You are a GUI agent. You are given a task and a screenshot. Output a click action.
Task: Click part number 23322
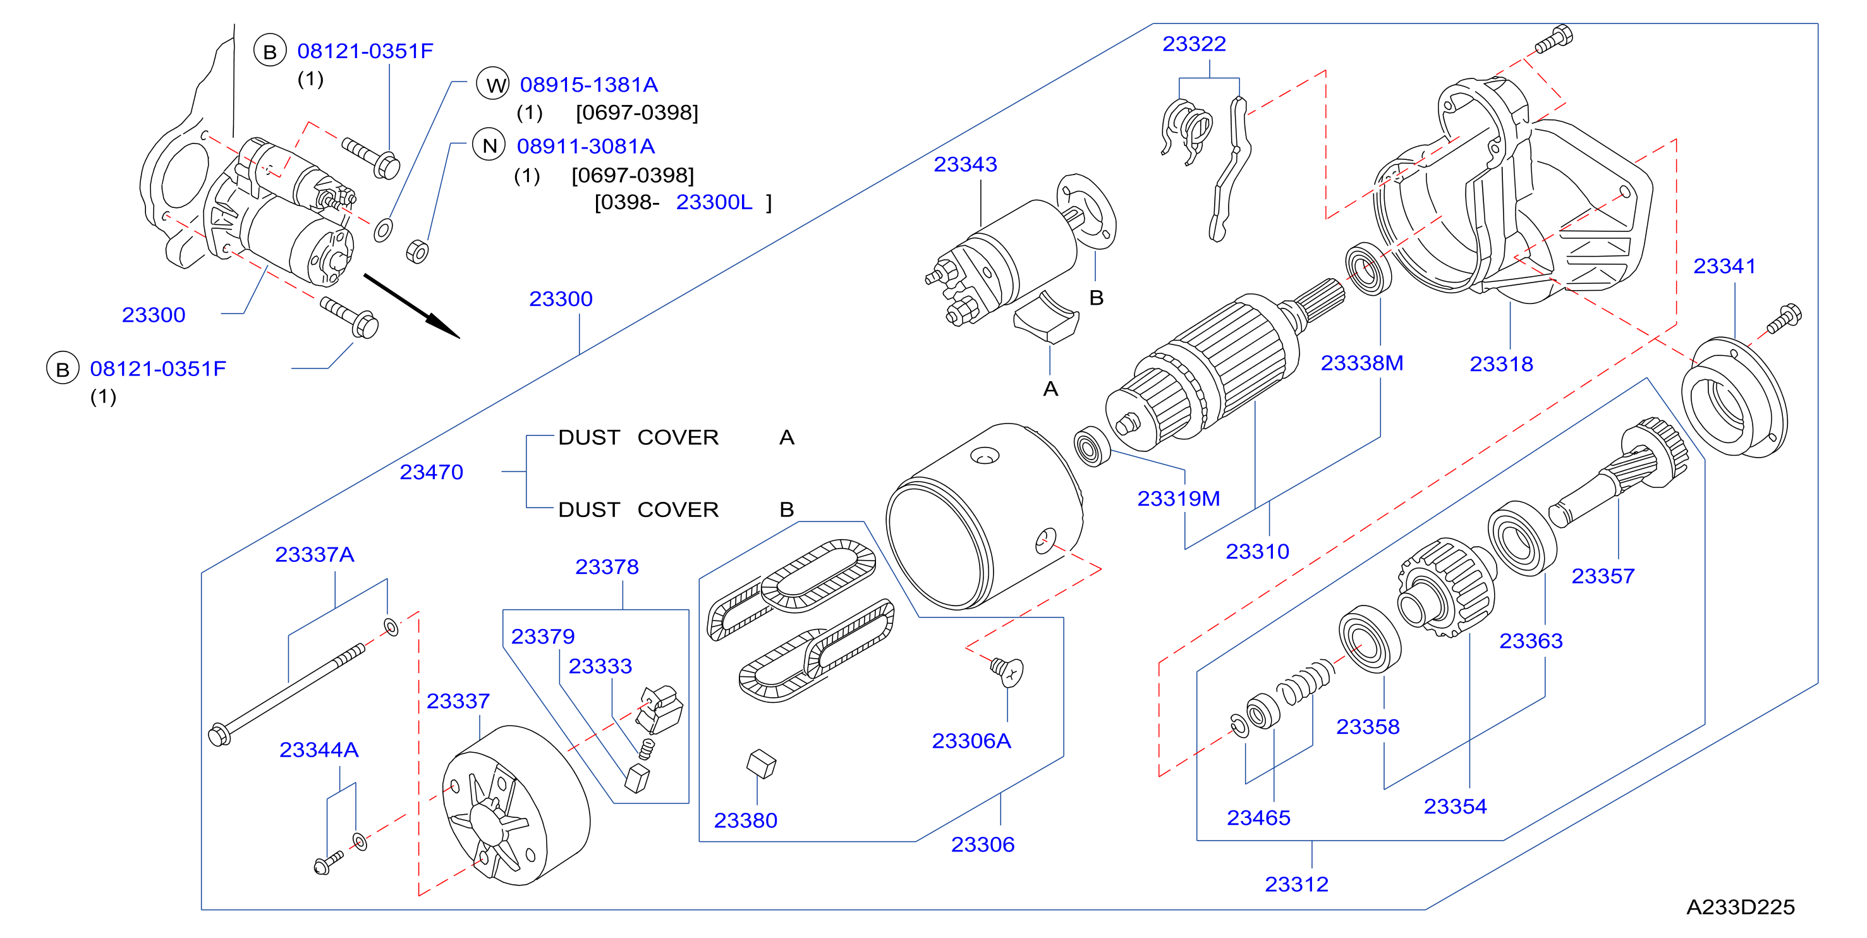tap(1194, 44)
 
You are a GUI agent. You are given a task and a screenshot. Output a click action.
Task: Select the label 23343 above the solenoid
tap(964, 164)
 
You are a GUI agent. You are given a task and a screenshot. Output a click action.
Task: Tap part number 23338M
tap(1362, 363)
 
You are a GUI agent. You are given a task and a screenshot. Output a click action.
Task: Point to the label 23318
tap(1501, 364)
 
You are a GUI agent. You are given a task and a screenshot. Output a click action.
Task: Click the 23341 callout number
tap(1724, 266)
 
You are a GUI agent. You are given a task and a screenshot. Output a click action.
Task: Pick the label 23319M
tap(1179, 499)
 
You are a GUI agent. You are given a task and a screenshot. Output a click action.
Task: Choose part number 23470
tap(431, 472)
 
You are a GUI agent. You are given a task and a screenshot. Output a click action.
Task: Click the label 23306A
tap(971, 741)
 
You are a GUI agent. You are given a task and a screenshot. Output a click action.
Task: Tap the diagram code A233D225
tap(1740, 907)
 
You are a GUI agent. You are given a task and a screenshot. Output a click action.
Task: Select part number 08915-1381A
tap(588, 85)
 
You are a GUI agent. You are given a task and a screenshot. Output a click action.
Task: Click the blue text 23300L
tap(714, 202)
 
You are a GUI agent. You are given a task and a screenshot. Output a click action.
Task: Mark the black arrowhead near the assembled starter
tap(443, 327)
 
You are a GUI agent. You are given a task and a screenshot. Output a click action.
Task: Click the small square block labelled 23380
tap(761, 764)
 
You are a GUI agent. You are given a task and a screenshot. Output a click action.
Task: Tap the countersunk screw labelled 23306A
tap(1007, 671)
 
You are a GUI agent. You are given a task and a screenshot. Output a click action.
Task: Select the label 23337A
tap(315, 554)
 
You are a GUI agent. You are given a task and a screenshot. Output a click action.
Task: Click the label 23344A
tap(319, 750)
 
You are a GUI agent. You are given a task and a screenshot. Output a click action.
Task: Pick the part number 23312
tap(1297, 884)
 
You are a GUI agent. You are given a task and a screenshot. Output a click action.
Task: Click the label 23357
tap(1602, 576)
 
